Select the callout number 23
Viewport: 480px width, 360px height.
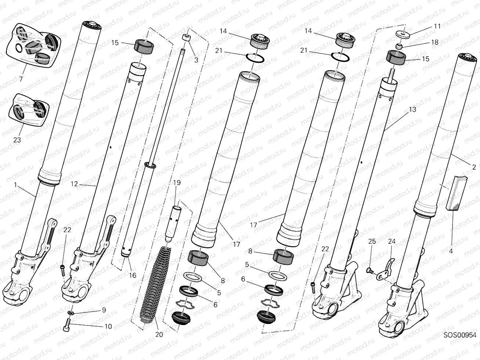[17, 140]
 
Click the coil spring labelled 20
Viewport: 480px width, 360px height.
[154, 287]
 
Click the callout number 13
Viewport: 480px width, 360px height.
[412, 109]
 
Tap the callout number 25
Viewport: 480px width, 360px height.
[372, 241]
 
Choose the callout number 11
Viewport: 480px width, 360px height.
[437, 26]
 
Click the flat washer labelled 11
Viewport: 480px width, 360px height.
[403, 34]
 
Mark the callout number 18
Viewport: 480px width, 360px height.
[435, 42]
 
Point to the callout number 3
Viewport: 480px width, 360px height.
[196, 60]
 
